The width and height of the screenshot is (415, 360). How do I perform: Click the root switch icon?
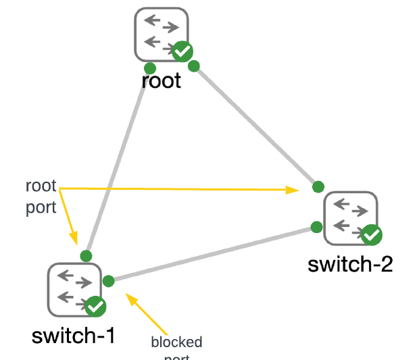point(160,33)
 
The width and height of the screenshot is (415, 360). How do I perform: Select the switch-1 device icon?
point(74,289)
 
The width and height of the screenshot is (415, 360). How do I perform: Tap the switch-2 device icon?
point(350,217)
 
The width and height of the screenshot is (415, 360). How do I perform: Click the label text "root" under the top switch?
point(162,81)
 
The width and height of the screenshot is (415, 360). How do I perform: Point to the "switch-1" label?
point(73,335)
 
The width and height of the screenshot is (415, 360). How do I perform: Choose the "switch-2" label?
point(350,263)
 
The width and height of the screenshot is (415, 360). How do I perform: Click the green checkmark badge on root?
point(182,51)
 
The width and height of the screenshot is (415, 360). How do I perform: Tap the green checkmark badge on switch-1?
point(96,307)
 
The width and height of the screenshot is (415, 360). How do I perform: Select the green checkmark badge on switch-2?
point(371,235)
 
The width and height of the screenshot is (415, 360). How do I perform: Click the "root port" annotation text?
point(41,197)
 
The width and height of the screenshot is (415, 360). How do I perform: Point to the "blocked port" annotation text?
point(176,344)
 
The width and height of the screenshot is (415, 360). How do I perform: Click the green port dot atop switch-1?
point(86,255)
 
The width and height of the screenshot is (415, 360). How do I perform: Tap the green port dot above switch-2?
point(317,186)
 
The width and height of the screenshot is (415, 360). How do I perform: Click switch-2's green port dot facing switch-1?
point(315,226)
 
